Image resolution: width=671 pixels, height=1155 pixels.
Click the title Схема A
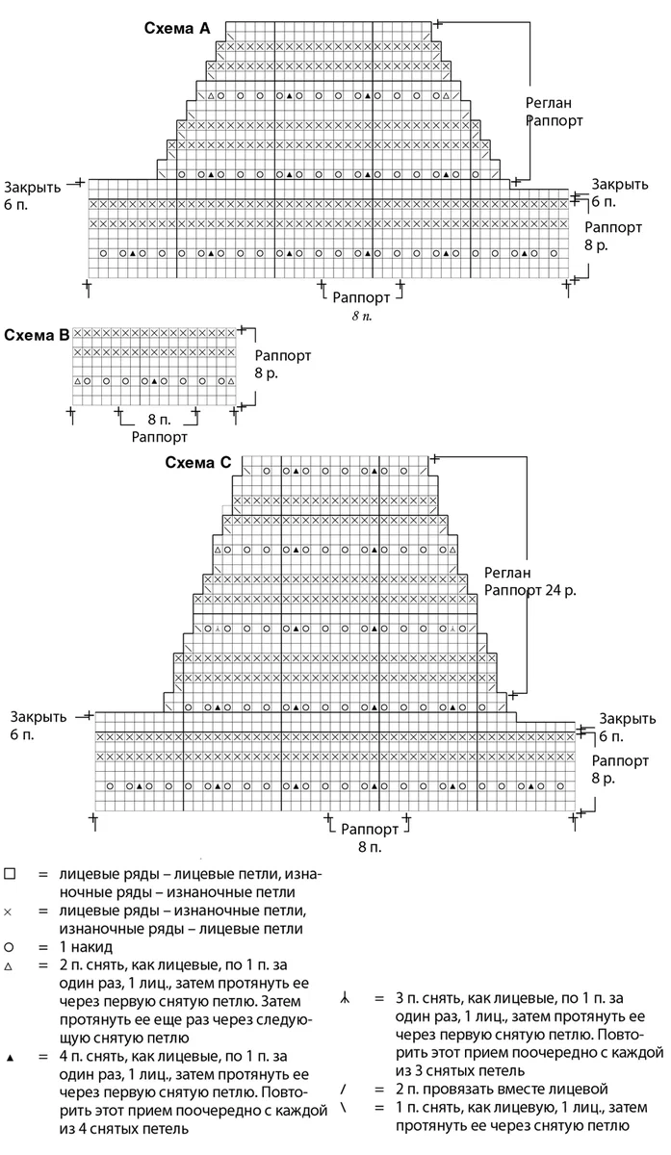[x=177, y=28]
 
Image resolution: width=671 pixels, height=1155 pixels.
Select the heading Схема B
[x=37, y=335]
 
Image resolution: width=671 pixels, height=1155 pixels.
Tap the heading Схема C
[x=198, y=463]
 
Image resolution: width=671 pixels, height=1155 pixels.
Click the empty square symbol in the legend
[x=10, y=874]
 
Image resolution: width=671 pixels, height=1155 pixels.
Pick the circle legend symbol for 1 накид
[x=9, y=947]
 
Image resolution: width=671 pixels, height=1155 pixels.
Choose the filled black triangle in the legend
[x=10, y=1058]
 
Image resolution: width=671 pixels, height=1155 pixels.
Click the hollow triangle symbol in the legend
[x=8, y=966]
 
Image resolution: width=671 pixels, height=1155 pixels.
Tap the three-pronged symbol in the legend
[x=345, y=998]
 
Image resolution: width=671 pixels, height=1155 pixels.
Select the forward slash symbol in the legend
[x=343, y=1089]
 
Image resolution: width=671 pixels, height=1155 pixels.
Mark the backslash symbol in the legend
[x=343, y=1107]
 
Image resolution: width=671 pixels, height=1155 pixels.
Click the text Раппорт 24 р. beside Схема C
[x=530, y=590]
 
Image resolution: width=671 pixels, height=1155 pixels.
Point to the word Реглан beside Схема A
[x=549, y=103]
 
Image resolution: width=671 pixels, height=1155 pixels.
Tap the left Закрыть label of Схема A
[x=33, y=187]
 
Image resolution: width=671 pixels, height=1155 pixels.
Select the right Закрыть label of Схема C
[x=627, y=718]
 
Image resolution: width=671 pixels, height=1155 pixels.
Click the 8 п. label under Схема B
[x=159, y=420]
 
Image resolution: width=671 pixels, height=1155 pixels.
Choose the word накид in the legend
[x=91, y=947]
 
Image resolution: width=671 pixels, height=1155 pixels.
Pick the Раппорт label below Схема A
[x=361, y=297]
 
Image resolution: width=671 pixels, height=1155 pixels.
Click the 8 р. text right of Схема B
[x=266, y=373]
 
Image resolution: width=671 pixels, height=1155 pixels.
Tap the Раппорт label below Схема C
[x=370, y=829]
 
